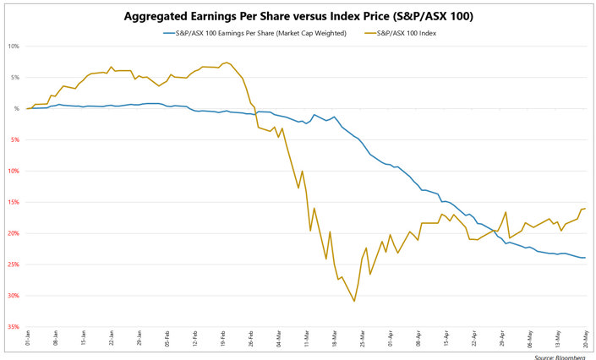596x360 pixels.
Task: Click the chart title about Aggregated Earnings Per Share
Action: click(x=298, y=16)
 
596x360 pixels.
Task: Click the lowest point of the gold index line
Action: click(x=354, y=301)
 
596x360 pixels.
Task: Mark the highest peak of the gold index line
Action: click(x=227, y=63)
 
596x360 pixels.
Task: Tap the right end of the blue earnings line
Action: click(x=585, y=258)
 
